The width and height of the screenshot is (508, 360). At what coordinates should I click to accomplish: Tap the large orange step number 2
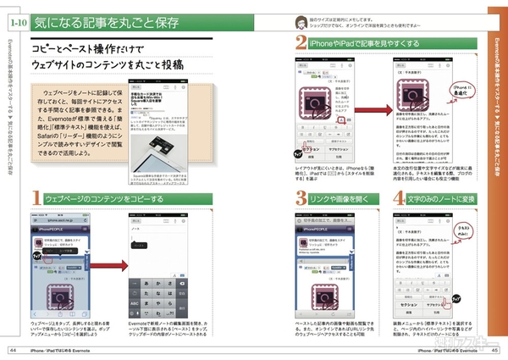pos(301,42)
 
